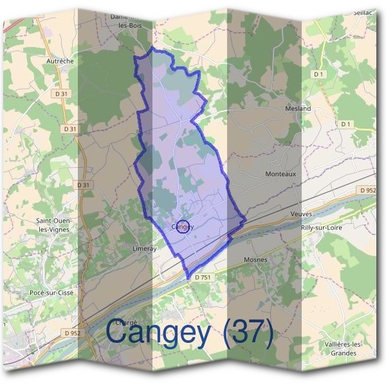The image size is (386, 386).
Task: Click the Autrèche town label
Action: (60, 61)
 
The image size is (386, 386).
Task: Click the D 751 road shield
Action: (200, 276)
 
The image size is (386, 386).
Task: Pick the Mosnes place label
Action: (255, 260)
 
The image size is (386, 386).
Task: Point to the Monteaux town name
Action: (279, 174)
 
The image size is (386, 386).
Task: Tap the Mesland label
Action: (298, 109)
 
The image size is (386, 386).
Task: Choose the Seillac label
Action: (363, 12)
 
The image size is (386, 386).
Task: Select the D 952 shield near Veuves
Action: (366, 190)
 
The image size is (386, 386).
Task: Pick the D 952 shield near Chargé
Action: (73, 333)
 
